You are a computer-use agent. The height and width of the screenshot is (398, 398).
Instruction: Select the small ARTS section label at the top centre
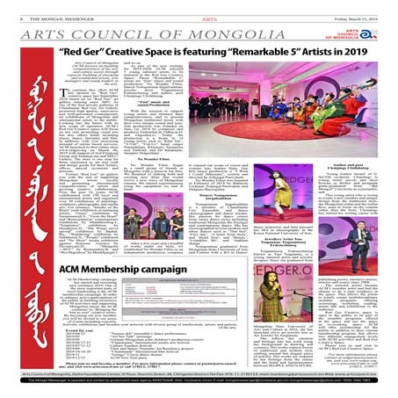[x=200, y=7]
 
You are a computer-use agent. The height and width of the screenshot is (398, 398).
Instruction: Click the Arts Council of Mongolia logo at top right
[x=374, y=23]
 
